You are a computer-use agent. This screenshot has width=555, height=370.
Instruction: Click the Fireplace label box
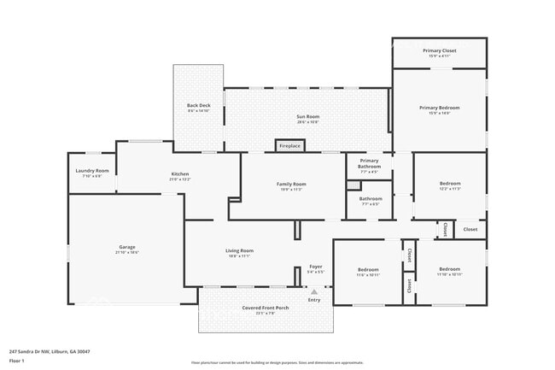pos(289,146)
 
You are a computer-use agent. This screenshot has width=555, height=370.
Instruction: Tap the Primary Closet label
pos(439,51)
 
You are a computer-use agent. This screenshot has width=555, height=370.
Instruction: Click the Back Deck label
pos(198,107)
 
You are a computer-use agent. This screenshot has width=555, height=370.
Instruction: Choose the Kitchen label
pos(180,173)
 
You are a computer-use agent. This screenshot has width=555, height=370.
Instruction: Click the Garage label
pos(126,249)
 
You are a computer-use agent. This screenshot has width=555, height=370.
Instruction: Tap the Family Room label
pos(290,185)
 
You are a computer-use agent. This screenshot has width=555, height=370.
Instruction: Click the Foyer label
pos(315,267)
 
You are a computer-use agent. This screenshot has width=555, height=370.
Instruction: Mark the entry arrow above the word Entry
pos(314,291)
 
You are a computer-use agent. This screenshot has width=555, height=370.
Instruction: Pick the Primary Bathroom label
pos(369,163)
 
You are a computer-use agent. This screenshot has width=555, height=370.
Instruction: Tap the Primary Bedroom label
pos(439,108)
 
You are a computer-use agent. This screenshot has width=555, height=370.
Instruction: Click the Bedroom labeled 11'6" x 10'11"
pos(367,271)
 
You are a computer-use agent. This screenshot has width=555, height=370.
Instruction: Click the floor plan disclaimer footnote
pos(277,362)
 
